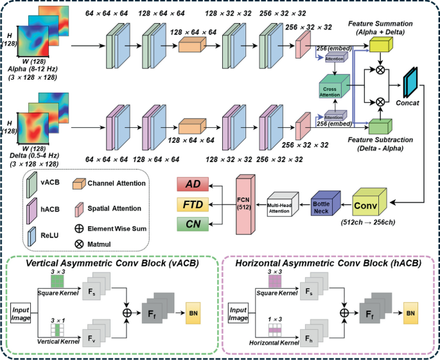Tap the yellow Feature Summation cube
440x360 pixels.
(380, 43)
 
